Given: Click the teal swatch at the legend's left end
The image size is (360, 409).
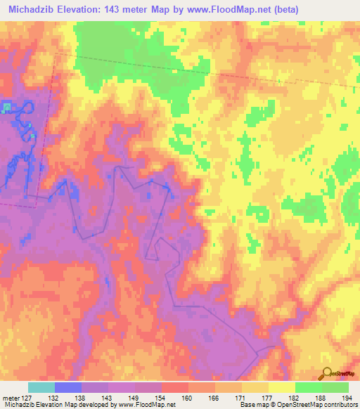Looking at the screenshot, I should pyautogui.click(x=41, y=387).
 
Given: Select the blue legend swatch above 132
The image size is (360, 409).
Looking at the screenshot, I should pyautogui.click(x=68, y=387).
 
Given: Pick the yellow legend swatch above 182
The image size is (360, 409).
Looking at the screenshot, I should pyautogui.click(x=281, y=387).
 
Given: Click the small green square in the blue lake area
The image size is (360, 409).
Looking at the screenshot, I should pyautogui.click(x=7, y=107).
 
